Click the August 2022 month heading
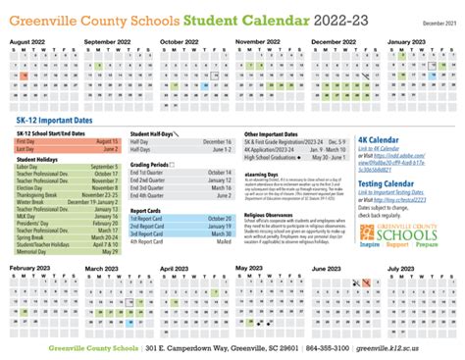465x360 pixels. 30,43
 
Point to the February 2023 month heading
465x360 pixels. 32,268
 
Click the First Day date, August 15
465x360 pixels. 109,142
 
